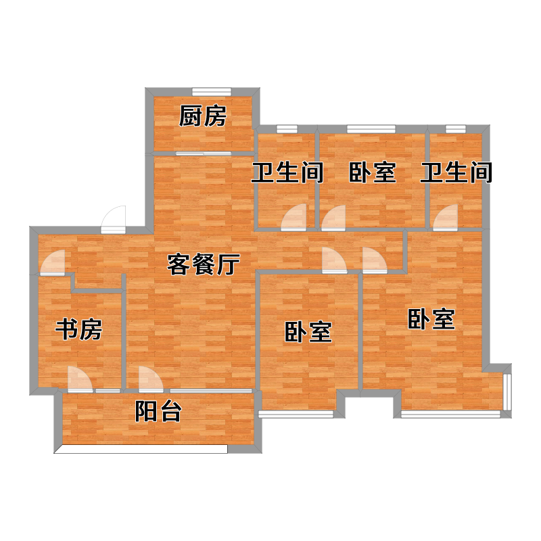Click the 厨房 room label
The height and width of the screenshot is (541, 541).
point(202,116)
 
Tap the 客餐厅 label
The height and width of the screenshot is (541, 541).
point(204,264)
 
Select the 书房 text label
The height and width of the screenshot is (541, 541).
point(78,329)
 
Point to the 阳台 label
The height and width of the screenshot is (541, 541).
point(158,411)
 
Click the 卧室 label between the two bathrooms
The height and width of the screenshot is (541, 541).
point(373,172)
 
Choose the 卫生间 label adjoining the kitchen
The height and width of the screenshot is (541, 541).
point(287,172)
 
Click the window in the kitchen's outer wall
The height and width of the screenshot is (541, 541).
point(212,91)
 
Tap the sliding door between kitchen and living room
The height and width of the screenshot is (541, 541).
point(204,154)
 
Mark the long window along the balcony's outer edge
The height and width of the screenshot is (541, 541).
point(141,449)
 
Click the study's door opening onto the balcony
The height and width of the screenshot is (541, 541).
point(80,379)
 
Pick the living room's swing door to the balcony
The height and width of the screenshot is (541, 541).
point(151,379)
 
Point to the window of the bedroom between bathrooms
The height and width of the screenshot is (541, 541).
point(371,129)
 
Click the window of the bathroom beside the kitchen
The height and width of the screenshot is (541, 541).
point(287,129)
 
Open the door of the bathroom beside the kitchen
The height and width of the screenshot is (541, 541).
point(293,217)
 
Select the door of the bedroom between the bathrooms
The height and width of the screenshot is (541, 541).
point(333,218)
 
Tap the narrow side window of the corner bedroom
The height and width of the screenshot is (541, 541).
point(507,392)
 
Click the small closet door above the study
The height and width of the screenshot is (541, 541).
point(53,262)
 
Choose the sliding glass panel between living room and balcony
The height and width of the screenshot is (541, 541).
point(211,391)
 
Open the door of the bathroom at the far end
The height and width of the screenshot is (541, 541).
point(446,217)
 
